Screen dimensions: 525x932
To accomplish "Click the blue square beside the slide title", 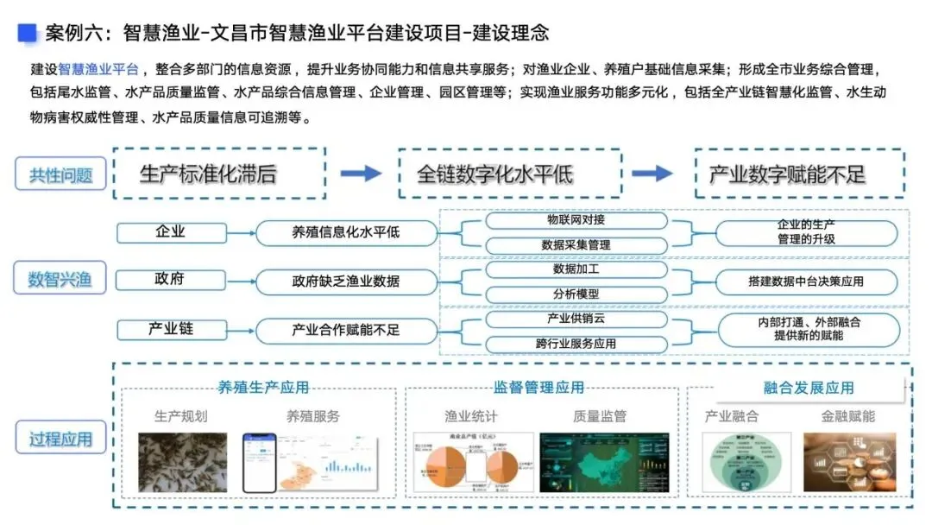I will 28,33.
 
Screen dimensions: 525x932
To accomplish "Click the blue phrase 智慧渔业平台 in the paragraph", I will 98,70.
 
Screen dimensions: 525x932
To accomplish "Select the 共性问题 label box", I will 61,174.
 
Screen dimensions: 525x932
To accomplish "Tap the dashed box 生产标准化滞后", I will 219,174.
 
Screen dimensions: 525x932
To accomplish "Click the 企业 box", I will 170,232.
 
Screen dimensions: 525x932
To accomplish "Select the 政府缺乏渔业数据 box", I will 346,281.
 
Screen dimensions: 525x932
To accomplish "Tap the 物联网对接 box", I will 576,220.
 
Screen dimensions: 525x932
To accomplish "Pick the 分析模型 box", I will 576,294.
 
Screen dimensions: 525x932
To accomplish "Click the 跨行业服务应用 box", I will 576,344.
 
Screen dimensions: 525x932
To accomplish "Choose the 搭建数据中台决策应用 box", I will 806,281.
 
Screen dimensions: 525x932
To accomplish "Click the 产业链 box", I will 170,329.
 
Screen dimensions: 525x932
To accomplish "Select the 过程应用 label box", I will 61,438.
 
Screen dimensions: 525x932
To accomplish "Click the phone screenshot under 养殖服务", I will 264,463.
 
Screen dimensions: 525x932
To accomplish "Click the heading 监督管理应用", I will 538,388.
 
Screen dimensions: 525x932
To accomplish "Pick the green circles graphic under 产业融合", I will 734,463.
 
